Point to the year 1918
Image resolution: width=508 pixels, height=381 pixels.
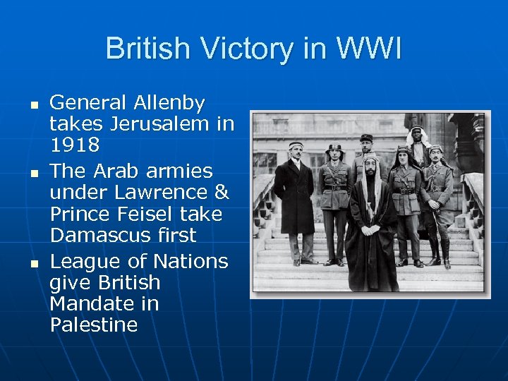[x=74, y=146]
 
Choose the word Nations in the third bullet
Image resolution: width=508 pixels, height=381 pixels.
[x=191, y=262]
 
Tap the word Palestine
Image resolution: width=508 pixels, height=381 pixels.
[x=94, y=325]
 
